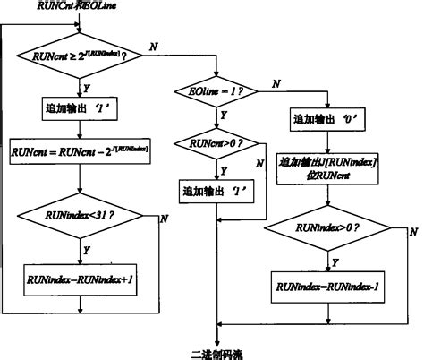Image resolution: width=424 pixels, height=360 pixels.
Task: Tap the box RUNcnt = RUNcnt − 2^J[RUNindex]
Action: tap(81, 153)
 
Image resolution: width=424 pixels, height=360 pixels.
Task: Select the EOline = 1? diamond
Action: tap(217, 90)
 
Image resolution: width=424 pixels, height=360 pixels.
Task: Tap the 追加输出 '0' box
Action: tap(330, 119)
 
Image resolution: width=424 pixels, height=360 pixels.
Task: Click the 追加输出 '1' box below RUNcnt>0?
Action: tap(217, 191)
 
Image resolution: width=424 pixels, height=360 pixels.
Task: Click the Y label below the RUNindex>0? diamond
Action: tap(336, 261)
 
